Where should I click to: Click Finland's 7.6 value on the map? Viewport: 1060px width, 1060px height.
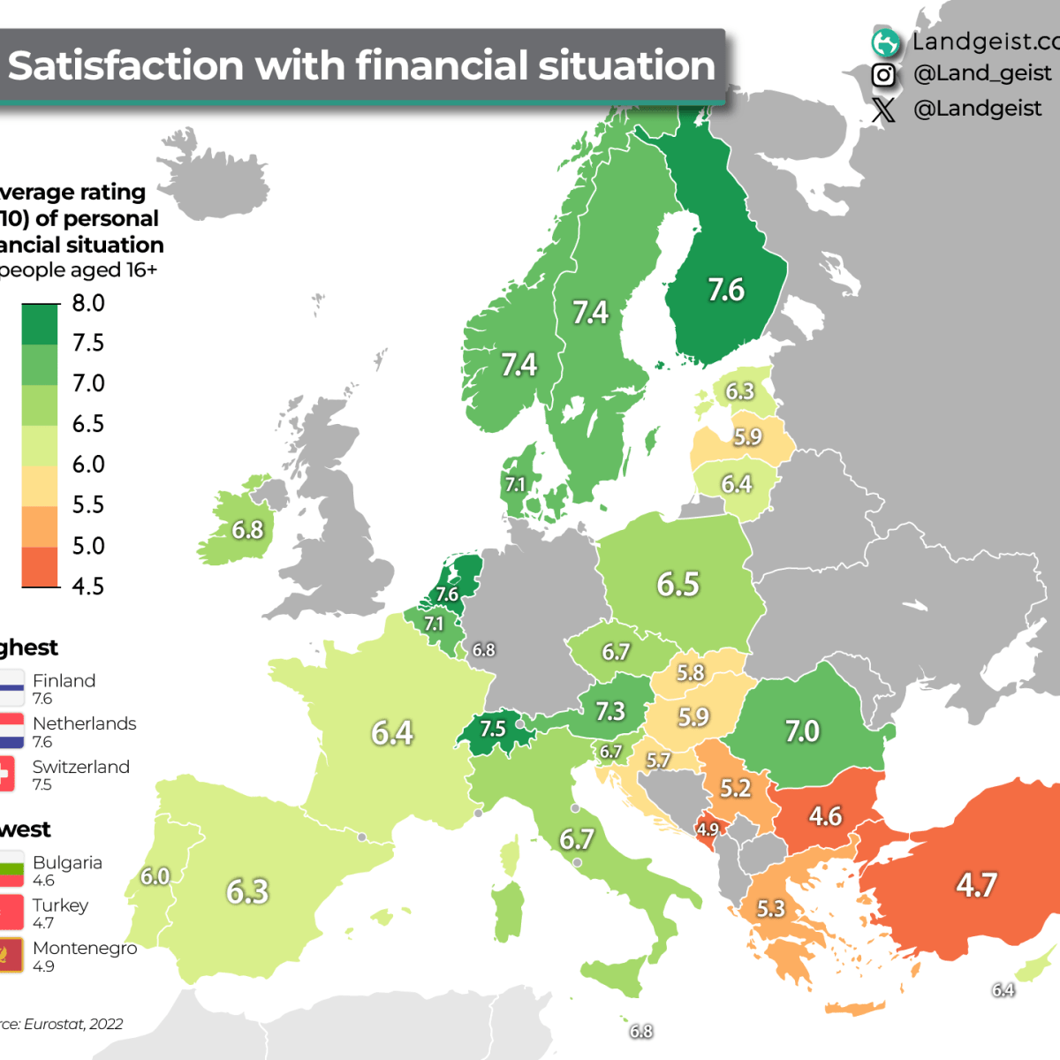(x=726, y=290)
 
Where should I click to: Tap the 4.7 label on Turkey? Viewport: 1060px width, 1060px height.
(x=976, y=884)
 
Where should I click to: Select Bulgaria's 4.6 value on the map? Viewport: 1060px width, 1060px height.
(x=825, y=816)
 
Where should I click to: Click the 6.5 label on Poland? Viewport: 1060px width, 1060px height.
(x=678, y=584)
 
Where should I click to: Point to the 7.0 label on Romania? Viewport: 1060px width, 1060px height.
(x=802, y=731)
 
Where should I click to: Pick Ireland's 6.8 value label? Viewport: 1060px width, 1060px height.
(x=247, y=530)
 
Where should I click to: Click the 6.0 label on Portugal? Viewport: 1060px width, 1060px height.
(x=155, y=876)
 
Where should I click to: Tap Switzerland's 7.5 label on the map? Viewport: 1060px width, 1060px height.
(x=493, y=730)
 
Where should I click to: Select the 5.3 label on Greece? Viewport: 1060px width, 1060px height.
(x=770, y=909)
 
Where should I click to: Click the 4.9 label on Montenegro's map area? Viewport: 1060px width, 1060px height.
(x=708, y=829)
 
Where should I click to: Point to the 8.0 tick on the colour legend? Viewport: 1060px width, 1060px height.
(x=88, y=303)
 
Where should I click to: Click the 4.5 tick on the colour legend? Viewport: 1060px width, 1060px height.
(x=88, y=586)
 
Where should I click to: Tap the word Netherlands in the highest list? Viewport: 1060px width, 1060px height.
(x=84, y=723)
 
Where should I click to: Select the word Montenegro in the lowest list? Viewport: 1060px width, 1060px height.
(x=85, y=948)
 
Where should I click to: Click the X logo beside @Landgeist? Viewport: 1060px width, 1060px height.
(x=882, y=110)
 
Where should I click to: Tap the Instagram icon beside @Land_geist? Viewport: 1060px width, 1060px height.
(x=882, y=75)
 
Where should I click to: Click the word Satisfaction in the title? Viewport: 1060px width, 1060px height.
(x=125, y=66)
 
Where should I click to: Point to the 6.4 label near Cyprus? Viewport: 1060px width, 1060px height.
(x=1003, y=990)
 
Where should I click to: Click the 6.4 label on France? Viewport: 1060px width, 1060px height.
(x=392, y=733)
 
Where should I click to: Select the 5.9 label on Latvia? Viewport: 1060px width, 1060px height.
(x=747, y=437)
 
